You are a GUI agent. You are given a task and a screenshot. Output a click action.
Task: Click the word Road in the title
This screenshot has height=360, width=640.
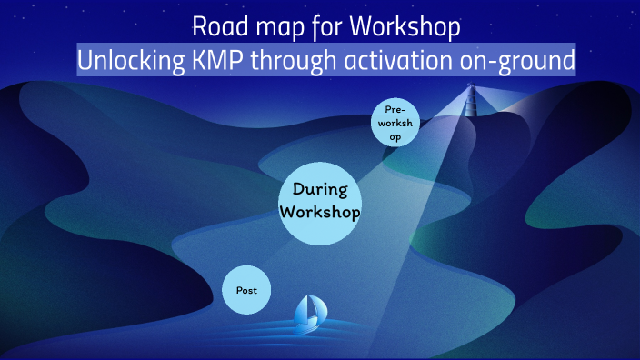click(x=214, y=27)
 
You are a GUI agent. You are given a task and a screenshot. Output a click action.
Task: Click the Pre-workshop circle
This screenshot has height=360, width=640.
click(x=395, y=123)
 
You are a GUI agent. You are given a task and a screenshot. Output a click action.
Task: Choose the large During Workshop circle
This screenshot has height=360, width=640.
click(x=320, y=201)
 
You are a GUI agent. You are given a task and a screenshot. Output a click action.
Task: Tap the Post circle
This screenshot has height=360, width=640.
click(x=246, y=291)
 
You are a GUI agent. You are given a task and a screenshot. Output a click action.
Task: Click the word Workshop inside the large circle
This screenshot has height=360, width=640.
click(x=320, y=212)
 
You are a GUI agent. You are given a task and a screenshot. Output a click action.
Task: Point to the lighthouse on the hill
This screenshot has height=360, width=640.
click(x=471, y=105)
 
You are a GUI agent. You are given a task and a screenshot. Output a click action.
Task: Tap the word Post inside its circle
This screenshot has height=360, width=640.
click(x=246, y=291)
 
